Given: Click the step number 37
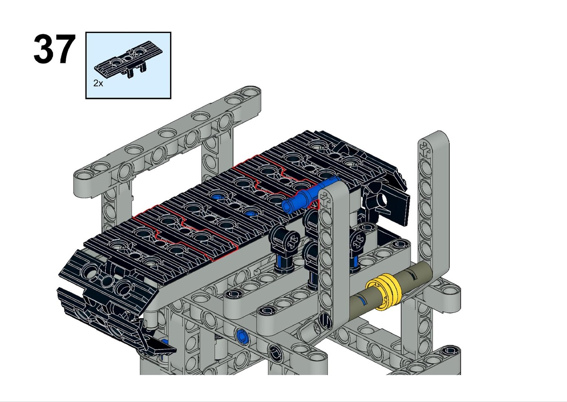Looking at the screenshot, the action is point(54,49).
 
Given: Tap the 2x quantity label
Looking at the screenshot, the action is point(98,83).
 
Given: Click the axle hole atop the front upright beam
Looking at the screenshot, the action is point(325,201).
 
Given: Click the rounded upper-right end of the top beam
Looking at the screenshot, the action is point(250,94).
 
